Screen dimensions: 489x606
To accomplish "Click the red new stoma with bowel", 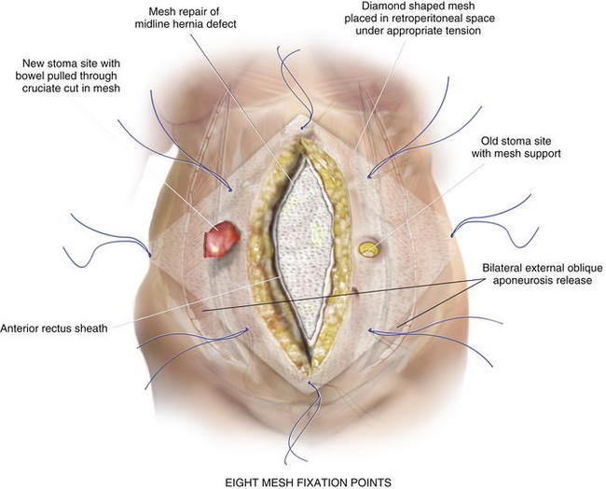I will (x=220, y=240).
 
